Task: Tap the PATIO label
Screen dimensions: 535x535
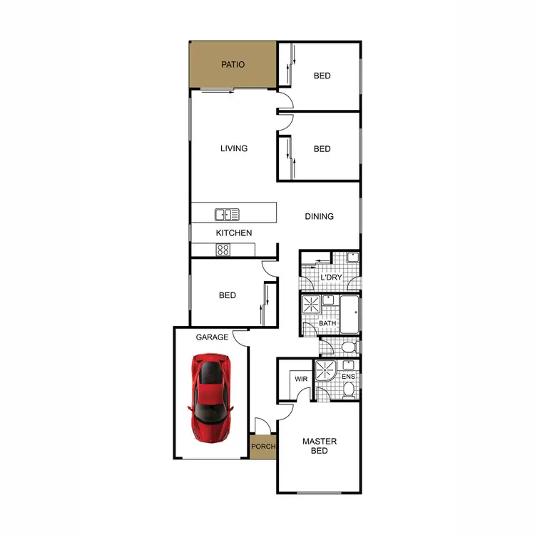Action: pyautogui.click(x=233, y=65)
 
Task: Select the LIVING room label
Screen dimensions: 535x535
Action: pyautogui.click(x=234, y=148)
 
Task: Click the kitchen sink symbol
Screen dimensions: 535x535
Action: pyautogui.click(x=227, y=214)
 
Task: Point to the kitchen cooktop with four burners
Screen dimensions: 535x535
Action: pyautogui.click(x=223, y=250)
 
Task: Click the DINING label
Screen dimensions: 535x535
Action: pyautogui.click(x=320, y=216)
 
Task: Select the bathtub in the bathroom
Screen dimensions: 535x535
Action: pyautogui.click(x=350, y=315)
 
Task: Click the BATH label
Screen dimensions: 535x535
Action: pyautogui.click(x=327, y=324)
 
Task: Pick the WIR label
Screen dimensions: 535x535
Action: pyautogui.click(x=301, y=379)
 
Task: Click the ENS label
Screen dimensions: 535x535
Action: pyautogui.click(x=348, y=376)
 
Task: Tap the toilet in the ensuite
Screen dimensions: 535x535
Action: pyautogui.click(x=349, y=390)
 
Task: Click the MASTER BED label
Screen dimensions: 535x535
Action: pyautogui.click(x=320, y=447)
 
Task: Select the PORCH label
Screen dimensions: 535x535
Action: pyautogui.click(x=263, y=447)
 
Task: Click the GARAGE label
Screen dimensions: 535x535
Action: pyautogui.click(x=213, y=337)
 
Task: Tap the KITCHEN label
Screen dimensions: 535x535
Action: pyautogui.click(x=234, y=233)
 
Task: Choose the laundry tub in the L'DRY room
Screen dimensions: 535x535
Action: pyautogui.click(x=352, y=258)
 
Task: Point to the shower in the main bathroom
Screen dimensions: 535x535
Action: pyautogui.click(x=312, y=305)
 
